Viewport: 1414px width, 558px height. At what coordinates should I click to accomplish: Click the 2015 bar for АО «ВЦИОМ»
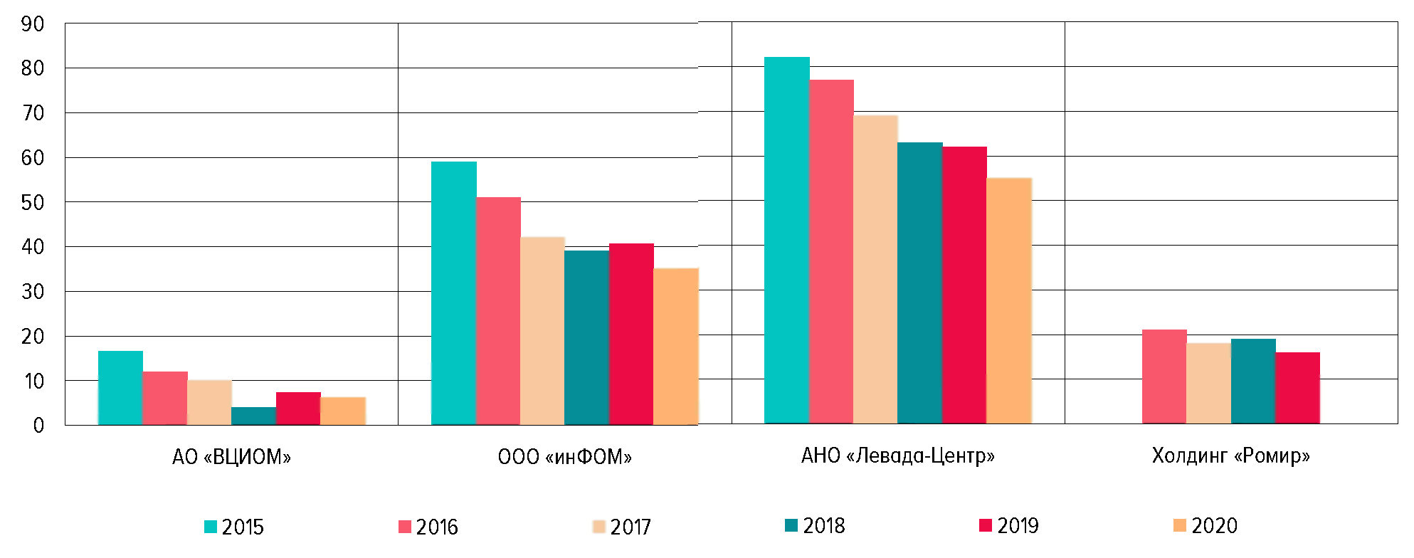(120, 388)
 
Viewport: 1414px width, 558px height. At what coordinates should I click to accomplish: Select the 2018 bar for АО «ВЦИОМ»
(253, 416)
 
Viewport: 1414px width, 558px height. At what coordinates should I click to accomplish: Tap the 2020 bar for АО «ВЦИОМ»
(342, 411)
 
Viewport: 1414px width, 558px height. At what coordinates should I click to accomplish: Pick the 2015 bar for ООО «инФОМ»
(453, 293)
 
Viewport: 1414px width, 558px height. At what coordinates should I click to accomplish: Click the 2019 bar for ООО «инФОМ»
(631, 335)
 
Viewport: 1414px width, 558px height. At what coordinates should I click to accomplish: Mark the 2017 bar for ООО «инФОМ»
(542, 331)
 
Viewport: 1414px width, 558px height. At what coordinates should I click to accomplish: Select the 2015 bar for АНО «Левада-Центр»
(786, 241)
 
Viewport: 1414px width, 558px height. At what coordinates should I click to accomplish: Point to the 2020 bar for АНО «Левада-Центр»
(1008, 301)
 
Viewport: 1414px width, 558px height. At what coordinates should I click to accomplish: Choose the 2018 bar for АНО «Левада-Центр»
(919, 283)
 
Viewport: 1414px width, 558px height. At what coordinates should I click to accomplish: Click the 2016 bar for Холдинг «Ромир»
(1164, 377)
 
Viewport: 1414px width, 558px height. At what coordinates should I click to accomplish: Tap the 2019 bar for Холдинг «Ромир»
(1297, 388)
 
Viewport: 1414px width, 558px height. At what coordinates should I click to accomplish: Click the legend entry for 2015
(234, 527)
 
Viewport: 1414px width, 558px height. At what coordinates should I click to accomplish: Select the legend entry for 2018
(816, 525)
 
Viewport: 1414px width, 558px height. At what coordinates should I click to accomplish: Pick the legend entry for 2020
(1205, 525)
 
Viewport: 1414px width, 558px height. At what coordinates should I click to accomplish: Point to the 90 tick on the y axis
(33, 24)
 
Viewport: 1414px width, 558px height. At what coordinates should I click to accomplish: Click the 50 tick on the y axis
(33, 203)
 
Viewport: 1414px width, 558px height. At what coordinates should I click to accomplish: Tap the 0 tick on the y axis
(38, 426)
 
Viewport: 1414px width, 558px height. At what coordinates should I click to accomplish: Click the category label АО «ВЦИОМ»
(231, 456)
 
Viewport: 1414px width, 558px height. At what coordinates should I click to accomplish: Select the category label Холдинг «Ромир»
(1230, 455)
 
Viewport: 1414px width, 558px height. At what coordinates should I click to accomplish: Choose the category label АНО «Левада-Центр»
(897, 455)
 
